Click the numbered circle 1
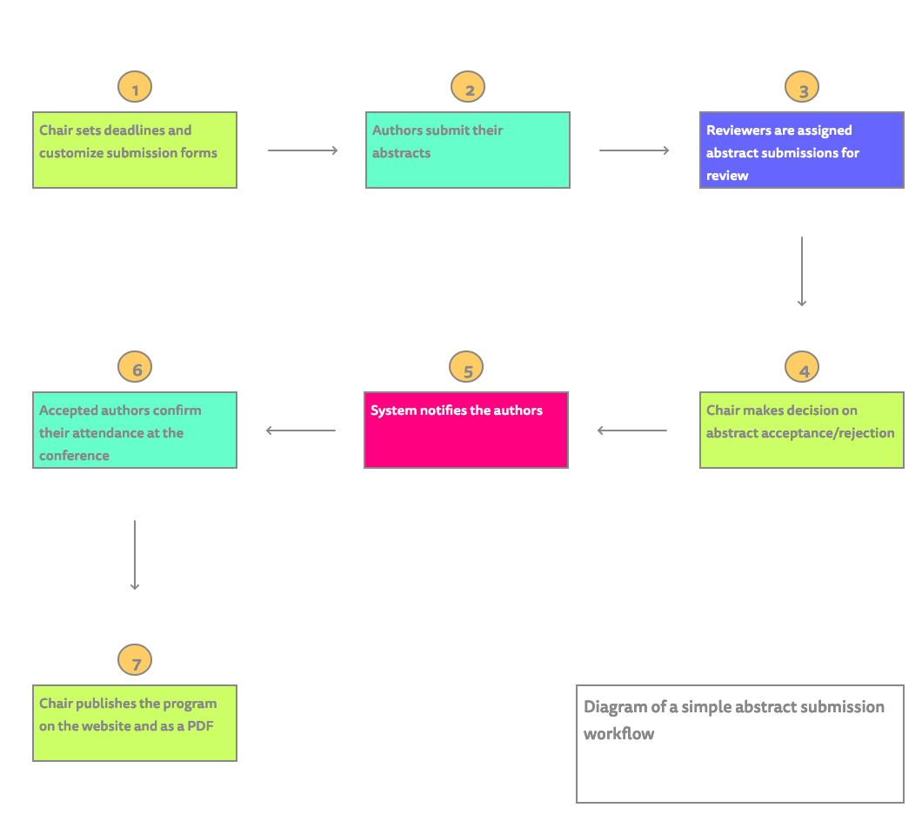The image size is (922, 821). pos(135,88)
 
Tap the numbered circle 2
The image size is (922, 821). pos(468,88)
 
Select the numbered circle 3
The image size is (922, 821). pos(802,88)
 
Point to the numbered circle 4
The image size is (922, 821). pos(802,368)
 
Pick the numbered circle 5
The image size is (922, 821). pos(466,368)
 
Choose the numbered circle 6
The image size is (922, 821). pos(135,368)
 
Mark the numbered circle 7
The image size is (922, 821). pos(135,661)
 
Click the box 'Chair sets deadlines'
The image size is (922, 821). pos(135,150)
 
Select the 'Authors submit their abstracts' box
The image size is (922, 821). pos(468,150)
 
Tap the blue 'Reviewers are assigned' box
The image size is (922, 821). pos(802,150)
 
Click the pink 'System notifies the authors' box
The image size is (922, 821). pos(466,430)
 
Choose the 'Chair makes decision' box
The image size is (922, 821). pos(802,430)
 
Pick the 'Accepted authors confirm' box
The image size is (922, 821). pos(135,430)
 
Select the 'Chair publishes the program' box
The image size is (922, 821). pos(135,723)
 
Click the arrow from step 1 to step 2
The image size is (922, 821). pos(303,150)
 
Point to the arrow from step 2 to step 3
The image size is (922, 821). pos(634,150)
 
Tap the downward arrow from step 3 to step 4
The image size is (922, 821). pos(801,271)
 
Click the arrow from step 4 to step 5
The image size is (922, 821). pos(632,430)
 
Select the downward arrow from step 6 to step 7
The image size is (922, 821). pos(135,555)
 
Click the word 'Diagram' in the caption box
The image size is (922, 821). pos(615,707)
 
